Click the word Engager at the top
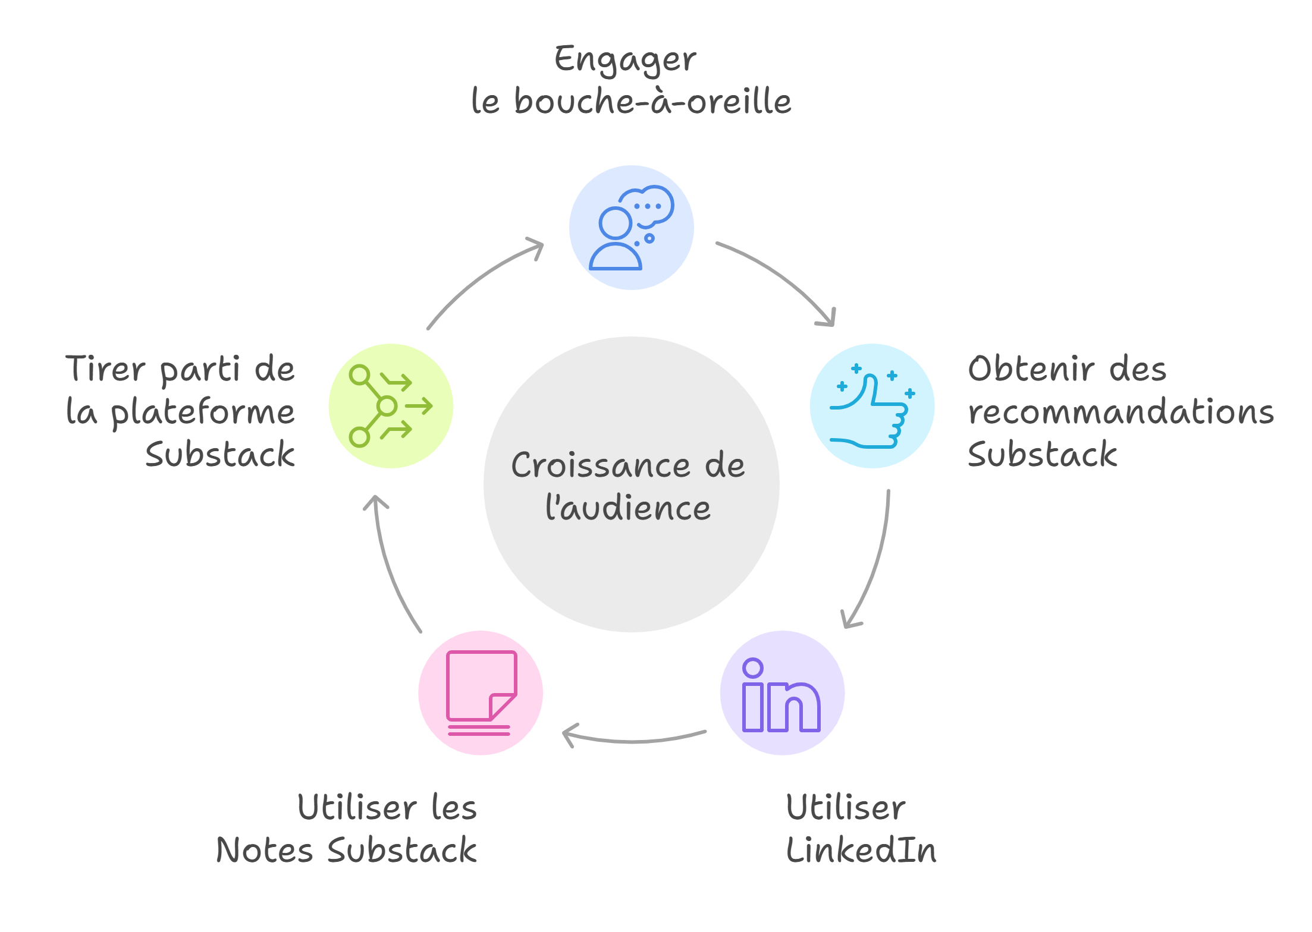coord(625,60)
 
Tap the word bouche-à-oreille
coord(652,101)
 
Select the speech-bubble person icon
coord(631,228)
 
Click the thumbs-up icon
coord(872,407)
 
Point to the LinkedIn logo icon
coord(782,694)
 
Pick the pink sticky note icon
coord(481,693)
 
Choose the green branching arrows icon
coord(390,407)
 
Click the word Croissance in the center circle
coord(601,465)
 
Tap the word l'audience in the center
coord(628,509)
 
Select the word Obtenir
coord(1031,369)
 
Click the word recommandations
coord(1120,412)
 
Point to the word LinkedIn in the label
coord(861,850)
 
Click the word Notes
coord(264,850)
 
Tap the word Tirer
coord(105,369)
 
